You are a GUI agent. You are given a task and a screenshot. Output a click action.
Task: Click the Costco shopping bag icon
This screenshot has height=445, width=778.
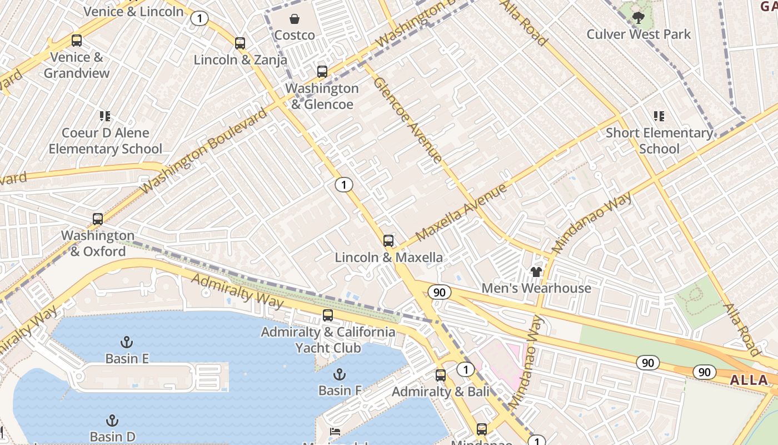pos(295,19)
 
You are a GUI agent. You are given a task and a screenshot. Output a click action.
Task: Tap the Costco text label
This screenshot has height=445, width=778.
pos(295,35)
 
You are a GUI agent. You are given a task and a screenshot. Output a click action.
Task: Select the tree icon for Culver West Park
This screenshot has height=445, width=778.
pos(639,18)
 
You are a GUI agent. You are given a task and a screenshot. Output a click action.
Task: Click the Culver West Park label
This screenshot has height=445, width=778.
pos(639,34)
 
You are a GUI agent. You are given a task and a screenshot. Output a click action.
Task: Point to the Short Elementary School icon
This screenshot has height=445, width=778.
pos(659,116)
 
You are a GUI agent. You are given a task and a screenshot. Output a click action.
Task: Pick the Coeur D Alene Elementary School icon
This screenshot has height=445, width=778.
pos(105,116)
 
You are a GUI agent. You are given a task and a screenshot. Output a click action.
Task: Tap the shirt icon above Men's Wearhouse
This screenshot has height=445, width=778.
pos(536,271)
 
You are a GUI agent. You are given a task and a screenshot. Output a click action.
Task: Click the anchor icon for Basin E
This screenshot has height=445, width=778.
pos(127,342)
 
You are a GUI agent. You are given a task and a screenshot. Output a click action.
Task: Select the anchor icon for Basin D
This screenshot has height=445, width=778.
pos(112,420)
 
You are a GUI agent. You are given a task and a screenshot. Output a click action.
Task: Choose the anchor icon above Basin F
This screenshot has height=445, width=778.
pos(339,374)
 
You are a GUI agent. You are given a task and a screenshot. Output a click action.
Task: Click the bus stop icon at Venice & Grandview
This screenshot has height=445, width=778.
pos(77,41)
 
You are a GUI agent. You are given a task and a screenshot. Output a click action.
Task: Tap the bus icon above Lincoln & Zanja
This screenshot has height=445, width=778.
pos(240,43)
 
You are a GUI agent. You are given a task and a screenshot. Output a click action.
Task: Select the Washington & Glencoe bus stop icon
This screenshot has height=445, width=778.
pos(322,71)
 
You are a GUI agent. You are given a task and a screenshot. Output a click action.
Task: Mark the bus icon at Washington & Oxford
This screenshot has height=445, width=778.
pos(98,219)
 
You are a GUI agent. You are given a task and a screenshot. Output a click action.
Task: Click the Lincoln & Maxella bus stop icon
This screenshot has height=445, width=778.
pos(388,241)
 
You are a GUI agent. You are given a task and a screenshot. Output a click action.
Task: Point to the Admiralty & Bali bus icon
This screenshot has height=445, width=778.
pos(441,375)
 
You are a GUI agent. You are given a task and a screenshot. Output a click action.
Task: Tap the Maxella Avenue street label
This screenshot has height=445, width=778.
pos(461,211)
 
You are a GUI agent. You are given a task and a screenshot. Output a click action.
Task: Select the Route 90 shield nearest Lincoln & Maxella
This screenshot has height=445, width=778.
pos(440,292)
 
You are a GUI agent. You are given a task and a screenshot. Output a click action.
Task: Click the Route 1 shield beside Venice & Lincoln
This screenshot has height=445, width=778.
pos(199,18)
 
